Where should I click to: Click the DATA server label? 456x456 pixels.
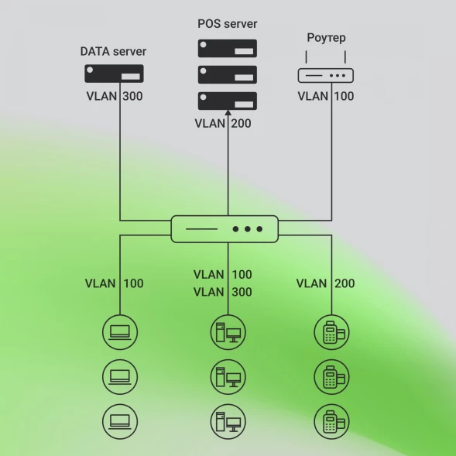[x=113, y=52]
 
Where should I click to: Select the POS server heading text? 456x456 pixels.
[x=227, y=24]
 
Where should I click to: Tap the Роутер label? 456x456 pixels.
[x=326, y=38]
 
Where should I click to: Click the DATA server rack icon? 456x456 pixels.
[x=114, y=74]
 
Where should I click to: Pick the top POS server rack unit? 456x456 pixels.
[x=227, y=49]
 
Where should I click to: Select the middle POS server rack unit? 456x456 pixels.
[x=227, y=74]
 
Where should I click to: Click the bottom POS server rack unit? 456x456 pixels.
[x=227, y=100]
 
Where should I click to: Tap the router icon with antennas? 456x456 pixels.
[x=326, y=74]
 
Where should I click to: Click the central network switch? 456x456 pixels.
[x=225, y=229]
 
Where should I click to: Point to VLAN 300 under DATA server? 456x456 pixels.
[x=114, y=97]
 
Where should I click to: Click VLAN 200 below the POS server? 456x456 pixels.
[x=222, y=123]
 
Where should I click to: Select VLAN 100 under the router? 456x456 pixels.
[x=326, y=97]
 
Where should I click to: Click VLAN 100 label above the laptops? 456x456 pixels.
[x=114, y=283]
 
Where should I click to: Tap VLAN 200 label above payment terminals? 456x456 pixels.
[x=326, y=283]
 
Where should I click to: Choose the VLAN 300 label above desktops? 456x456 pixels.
[x=222, y=292]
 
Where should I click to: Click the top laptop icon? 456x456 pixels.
[x=120, y=333]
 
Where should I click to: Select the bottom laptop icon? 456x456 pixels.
[x=120, y=422]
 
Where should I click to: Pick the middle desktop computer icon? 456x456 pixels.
[x=228, y=377]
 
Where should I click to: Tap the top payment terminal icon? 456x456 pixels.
[x=332, y=333]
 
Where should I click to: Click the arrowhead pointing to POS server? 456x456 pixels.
[x=228, y=114]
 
